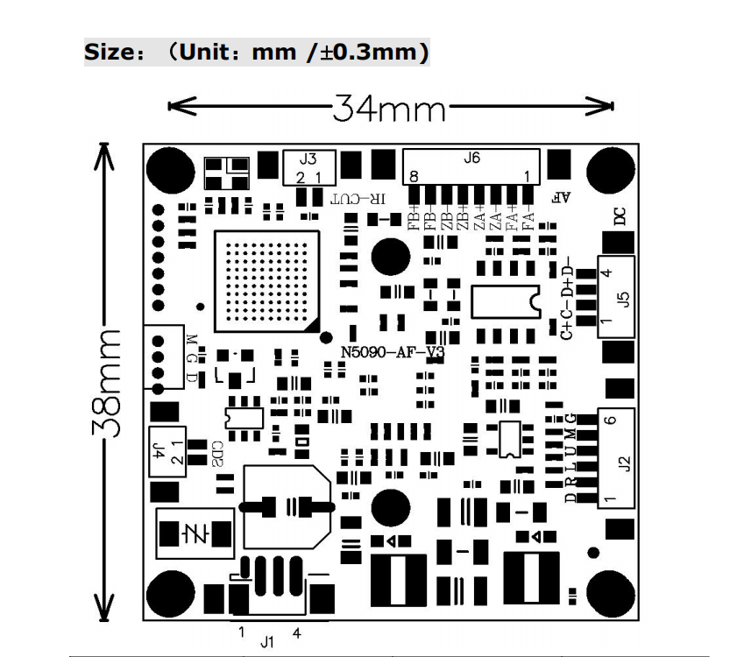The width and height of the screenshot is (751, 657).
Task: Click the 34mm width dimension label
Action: (x=389, y=109)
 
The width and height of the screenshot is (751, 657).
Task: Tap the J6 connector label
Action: (x=471, y=159)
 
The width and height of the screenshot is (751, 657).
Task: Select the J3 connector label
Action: (x=308, y=159)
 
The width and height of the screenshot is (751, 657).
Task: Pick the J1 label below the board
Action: (x=267, y=642)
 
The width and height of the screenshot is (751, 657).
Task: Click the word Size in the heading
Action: (x=108, y=53)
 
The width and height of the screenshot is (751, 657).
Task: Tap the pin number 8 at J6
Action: (x=414, y=176)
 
